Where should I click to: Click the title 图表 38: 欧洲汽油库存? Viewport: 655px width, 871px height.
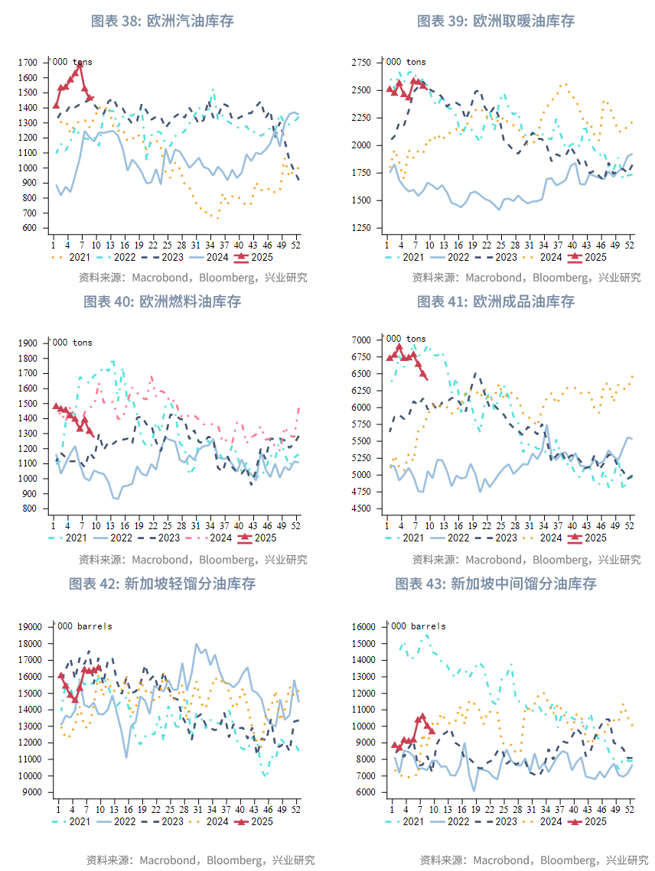click(x=162, y=21)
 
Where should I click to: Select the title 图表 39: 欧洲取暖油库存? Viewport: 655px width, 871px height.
click(x=495, y=21)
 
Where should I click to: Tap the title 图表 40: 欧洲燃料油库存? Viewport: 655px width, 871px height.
click(x=162, y=301)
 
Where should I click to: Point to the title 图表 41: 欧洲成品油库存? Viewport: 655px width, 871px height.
click(x=495, y=301)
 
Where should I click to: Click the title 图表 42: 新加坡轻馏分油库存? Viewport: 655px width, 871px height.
click(x=162, y=583)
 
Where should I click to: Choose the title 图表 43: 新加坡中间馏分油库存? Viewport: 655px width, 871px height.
click(x=495, y=583)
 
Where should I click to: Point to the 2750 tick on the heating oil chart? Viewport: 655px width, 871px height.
click(x=361, y=62)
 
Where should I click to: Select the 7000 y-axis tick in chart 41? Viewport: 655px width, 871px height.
click(x=361, y=340)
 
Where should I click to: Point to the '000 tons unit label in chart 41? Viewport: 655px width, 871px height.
click(x=406, y=340)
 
